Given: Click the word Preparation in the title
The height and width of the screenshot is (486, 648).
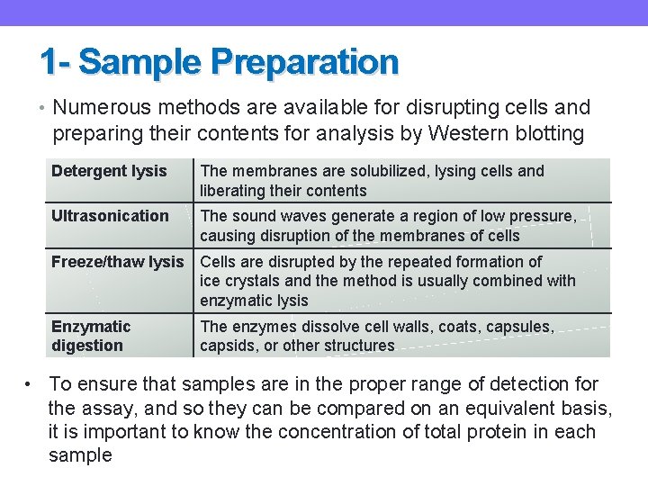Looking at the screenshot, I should coord(304,62).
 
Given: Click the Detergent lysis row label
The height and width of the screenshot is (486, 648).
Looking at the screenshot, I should coord(109,171).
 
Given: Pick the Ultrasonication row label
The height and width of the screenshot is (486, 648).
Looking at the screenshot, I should coord(110,216).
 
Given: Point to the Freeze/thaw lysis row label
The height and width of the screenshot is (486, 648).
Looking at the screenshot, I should coord(117,262).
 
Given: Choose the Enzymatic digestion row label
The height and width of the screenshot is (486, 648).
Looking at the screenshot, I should coord(91,336).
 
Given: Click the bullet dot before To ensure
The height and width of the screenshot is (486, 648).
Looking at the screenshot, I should coord(30,384).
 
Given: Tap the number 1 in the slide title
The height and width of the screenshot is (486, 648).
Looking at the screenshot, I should coord(49,62).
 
